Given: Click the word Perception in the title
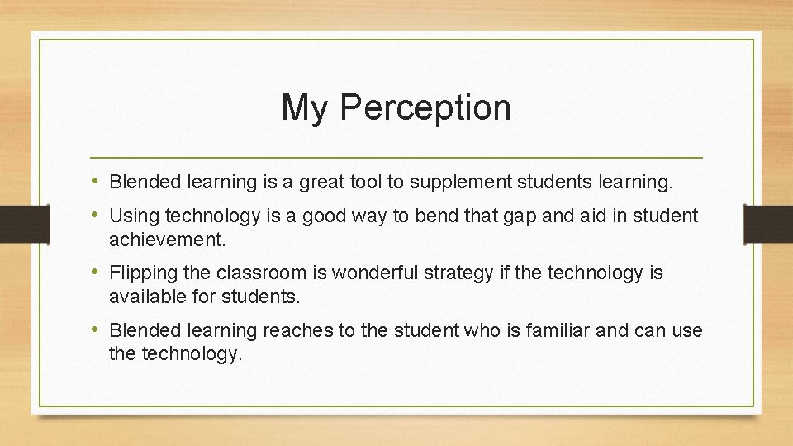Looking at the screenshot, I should (425, 108).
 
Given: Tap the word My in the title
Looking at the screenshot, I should (303, 108).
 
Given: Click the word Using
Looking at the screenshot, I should (134, 216).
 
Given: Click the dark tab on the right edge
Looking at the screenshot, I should (768, 222).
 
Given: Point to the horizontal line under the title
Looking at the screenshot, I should (396, 156).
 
